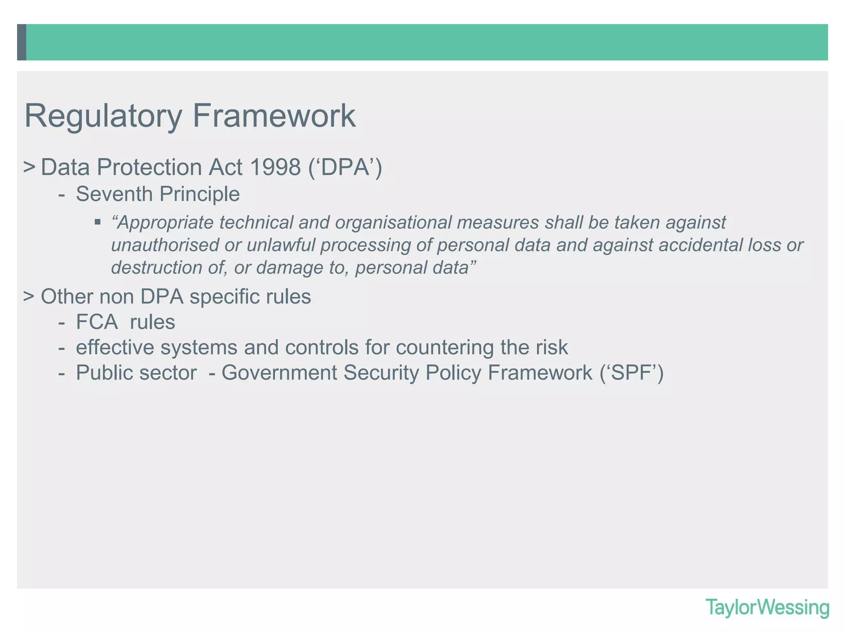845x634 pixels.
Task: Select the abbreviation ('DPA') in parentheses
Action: click(345, 167)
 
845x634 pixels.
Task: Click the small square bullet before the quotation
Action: click(97, 222)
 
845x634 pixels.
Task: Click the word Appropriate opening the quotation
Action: click(165, 223)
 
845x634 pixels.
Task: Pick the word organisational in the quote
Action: click(394, 222)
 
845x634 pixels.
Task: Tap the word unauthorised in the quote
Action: click(159, 245)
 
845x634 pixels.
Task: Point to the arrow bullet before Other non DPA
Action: click(28, 296)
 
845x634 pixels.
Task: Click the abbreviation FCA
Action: click(97, 322)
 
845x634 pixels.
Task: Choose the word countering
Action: click(444, 348)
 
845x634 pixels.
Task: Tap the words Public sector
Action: click(136, 373)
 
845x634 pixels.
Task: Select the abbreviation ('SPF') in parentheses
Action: click(631, 373)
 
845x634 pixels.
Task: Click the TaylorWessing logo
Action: click(767, 608)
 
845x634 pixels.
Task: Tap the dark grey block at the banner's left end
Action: click(21, 42)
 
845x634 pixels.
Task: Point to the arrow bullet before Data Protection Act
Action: click(28, 167)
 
